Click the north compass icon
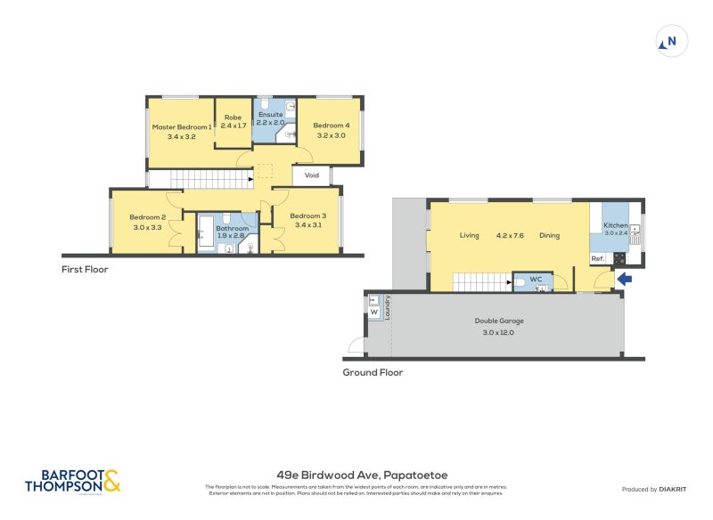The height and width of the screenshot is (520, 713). (671, 42)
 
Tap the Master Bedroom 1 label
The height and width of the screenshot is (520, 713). (182, 126)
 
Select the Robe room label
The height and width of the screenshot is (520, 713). (234, 118)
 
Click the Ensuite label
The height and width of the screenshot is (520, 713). (270, 115)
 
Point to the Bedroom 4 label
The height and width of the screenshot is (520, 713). (332, 126)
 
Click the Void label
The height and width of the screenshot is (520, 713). (312, 175)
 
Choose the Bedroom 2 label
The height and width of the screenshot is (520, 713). (148, 217)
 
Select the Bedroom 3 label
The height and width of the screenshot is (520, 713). (307, 216)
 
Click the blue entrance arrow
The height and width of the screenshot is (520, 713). (625, 279)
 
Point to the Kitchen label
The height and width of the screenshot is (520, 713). (616, 226)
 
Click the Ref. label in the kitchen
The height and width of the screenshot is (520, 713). (598, 259)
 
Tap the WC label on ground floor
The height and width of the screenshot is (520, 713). (536, 280)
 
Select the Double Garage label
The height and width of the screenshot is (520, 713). (499, 321)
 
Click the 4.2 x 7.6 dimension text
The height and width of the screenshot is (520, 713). (510, 236)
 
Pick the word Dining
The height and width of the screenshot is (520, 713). (549, 236)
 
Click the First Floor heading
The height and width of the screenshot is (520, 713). (85, 269)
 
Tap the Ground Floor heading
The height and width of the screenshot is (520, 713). (373, 372)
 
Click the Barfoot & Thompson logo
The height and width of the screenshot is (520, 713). (71, 481)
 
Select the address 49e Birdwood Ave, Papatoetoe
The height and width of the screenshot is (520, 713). (356, 475)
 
